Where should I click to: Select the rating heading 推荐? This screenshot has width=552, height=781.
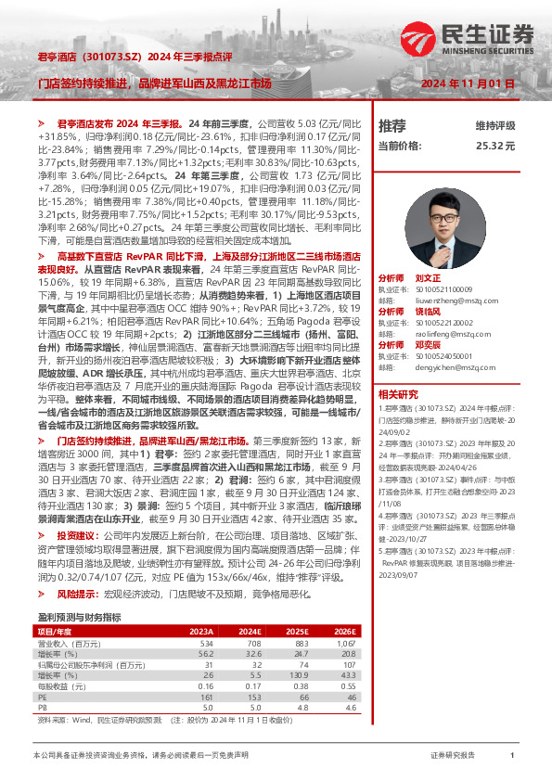(x=392, y=125)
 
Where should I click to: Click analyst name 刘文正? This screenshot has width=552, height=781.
(x=428, y=278)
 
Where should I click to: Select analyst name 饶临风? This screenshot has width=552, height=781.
(x=428, y=311)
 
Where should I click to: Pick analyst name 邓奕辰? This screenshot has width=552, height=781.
(x=428, y=344)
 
